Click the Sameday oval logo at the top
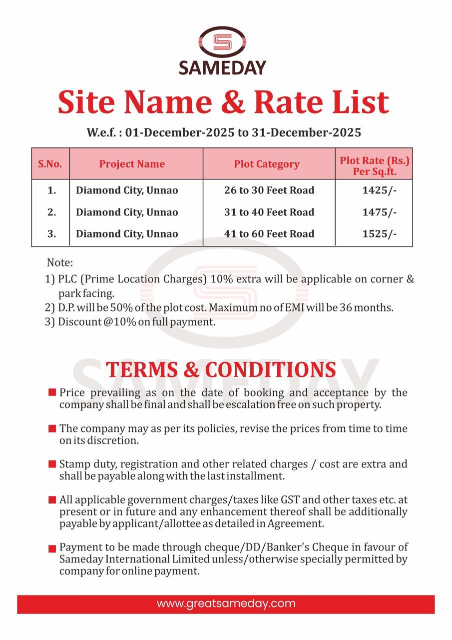(222, 42)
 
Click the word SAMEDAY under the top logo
(222, 67)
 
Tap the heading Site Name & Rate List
(223, 102)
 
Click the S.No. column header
(50, 164)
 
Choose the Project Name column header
(132, 164)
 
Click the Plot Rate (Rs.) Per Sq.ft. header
(375, 165)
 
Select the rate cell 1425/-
(380, 190)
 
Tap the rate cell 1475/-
(380, 212)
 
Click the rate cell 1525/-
(380, 233)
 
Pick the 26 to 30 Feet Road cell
(269, 190)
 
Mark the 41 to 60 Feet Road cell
(269, 233)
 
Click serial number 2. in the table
(51, 212)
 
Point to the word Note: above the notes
(59, 262)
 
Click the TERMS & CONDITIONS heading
(221, 369)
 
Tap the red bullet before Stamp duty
(52, 464)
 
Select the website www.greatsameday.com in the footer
(226, 603)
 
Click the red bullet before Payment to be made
(52, 548)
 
